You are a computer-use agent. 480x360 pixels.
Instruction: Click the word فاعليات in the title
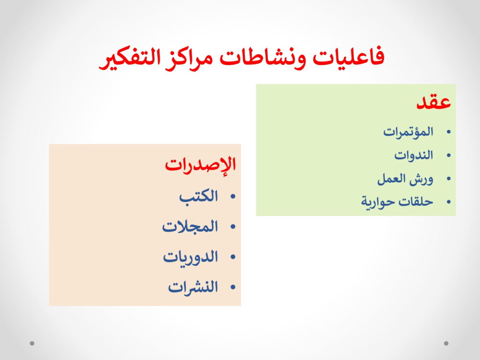pos(348,57)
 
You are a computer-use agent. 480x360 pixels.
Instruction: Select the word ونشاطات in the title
pos(263,58)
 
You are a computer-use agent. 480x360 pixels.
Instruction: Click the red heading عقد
pos(434,101)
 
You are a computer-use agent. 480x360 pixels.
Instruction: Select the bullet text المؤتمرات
pos(408,132)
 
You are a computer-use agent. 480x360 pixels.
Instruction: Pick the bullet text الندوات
pos(413,155)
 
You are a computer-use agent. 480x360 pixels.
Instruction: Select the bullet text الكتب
pos(199,196)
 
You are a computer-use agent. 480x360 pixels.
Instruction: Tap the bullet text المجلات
pos(190,227)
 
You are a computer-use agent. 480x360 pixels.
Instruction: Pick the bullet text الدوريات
pos(190,257)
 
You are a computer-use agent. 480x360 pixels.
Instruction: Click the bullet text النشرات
pos(193,287)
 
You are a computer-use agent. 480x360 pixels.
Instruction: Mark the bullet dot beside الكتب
pos(233,197)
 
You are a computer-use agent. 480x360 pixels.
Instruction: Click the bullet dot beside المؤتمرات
pos(449,132)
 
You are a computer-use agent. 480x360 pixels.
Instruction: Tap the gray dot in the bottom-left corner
pos(32,343)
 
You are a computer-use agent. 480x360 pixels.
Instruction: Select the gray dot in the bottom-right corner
pos(446,343)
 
